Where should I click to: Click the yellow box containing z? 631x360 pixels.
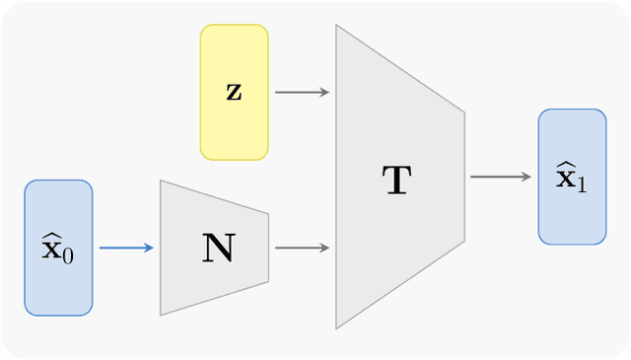234,92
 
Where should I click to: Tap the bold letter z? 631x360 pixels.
234,93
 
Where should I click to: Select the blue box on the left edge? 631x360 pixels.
58,248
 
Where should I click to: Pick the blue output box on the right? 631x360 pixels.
572,177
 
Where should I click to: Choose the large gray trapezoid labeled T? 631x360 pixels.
399,178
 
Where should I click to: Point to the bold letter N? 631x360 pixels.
217,248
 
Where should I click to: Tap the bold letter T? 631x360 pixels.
396,180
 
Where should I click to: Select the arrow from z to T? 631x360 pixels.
301,93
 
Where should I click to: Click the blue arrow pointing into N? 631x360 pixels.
125,248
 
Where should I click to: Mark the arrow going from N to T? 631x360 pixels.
301,248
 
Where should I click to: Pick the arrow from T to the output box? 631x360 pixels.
499,178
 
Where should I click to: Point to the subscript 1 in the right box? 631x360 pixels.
581,183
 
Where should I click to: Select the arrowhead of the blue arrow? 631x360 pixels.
149,248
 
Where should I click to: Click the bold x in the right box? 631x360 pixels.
565,178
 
